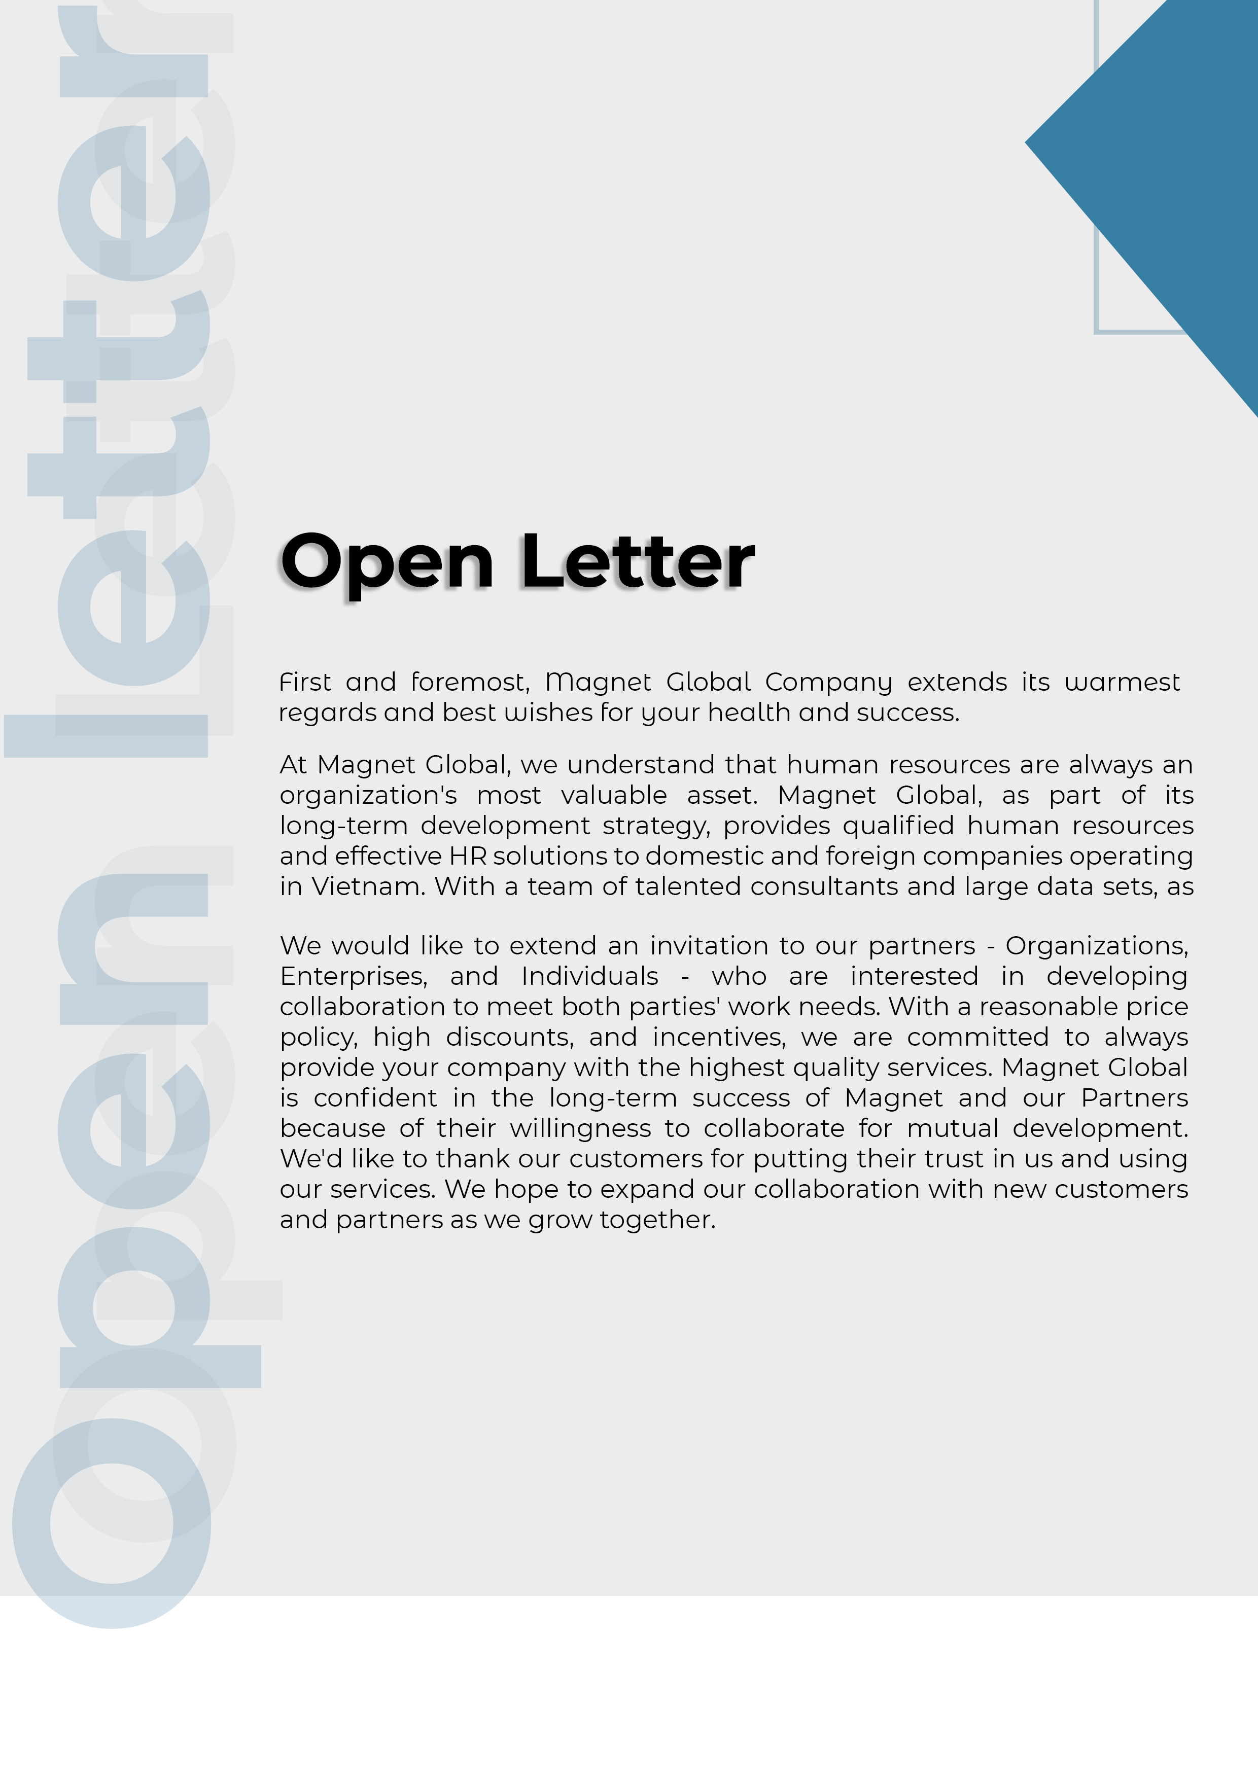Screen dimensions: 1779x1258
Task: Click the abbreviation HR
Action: point(467,856)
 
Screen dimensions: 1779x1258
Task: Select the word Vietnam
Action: point(368,886)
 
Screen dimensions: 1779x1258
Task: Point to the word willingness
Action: point(580,1129)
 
